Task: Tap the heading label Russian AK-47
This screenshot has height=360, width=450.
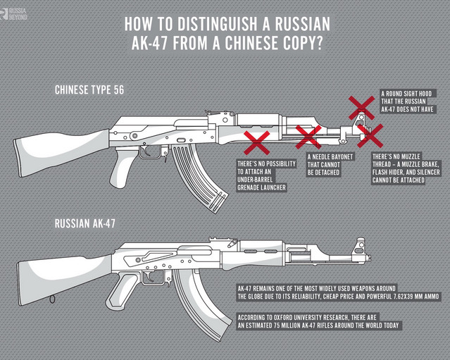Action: [x=85, y=223]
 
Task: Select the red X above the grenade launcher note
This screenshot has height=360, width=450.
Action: [x=257, y=142]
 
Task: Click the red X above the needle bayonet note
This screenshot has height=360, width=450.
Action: [x=308, y=137]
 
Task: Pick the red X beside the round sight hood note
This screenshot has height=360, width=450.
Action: [x=362, y=108]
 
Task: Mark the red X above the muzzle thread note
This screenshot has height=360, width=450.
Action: [x=370, y=135]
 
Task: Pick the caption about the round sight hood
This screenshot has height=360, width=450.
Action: [x=409, y=101]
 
